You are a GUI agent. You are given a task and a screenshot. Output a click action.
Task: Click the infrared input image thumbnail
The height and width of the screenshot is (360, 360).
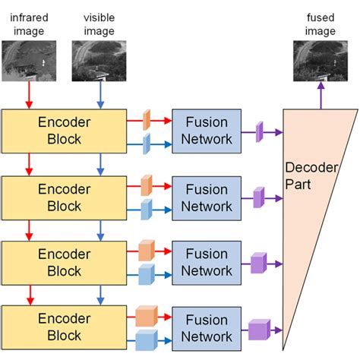coord(27,61)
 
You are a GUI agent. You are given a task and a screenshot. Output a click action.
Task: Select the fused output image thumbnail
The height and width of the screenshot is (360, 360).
coord(320,62)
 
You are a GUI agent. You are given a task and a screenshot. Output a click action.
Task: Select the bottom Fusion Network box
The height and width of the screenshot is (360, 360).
coord(207,328)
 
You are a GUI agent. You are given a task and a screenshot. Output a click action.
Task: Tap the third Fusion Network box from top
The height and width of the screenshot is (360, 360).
coord(207,263)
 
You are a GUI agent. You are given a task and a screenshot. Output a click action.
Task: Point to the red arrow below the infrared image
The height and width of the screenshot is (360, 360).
coord(28,95)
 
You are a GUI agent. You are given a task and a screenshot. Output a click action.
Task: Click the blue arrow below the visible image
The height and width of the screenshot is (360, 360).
coord(99,95)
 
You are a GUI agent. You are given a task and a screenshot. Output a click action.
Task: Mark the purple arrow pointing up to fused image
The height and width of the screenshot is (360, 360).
coord(320,96)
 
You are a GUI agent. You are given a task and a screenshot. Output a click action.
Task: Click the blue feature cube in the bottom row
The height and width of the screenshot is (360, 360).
coord(145,339)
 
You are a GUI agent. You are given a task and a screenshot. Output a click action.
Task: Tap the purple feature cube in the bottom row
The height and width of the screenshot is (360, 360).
coord(259,330)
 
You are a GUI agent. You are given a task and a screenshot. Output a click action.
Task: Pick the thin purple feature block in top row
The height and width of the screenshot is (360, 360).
coord(259,132)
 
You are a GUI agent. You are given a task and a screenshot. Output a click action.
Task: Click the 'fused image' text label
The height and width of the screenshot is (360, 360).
coord(320,25)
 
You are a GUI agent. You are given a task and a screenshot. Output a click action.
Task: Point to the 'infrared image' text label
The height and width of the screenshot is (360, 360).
coord(27,25)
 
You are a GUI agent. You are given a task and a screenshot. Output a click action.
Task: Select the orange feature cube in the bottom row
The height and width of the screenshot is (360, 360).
coord(146,315)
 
